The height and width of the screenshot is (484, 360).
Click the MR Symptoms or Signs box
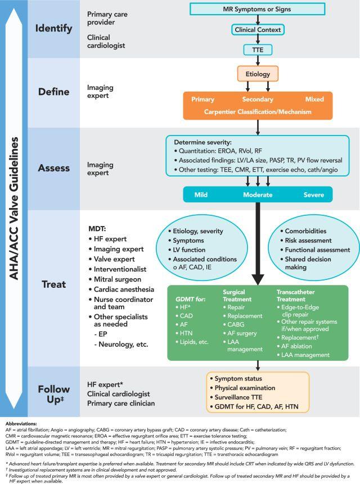257,9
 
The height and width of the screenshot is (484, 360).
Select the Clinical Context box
258,30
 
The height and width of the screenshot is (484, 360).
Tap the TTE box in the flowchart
258,49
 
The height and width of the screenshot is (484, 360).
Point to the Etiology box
258,74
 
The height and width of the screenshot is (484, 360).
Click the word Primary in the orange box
202,99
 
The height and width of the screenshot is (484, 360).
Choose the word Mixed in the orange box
314,99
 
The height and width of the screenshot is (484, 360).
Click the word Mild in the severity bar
201,194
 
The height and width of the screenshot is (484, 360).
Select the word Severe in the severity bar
314,194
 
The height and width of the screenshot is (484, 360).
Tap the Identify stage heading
54,29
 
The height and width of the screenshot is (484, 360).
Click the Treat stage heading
54,284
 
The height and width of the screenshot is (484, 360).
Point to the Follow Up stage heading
54,394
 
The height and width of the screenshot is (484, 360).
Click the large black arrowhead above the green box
258,279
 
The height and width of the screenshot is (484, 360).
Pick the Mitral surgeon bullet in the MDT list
115,279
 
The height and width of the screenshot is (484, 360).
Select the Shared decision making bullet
305,263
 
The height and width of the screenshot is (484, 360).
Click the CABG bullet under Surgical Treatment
234,324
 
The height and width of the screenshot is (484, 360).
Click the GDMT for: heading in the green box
191,299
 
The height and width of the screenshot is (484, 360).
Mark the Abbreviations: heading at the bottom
21,424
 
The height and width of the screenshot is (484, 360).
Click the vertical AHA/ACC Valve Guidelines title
14,209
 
